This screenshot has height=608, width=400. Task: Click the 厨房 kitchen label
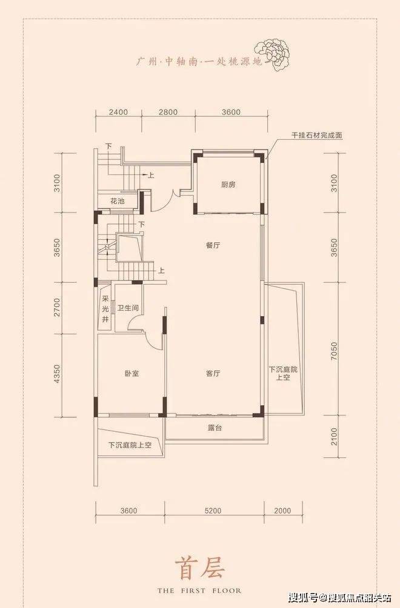point(228,185)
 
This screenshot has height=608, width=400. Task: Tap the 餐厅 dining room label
point(213,245)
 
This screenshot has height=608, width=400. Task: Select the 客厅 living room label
point(213,374)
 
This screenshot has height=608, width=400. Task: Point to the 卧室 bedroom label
point(132,374)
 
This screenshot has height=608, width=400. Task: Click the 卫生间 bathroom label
point(128,309)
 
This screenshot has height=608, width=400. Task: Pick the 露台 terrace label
point(215,428)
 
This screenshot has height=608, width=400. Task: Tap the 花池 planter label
point(117,201)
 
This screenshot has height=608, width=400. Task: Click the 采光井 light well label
point(105,309)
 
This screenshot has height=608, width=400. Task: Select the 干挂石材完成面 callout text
point(318,136)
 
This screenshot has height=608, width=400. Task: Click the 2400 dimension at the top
point(118,113)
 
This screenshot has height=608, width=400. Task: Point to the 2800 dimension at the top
point(168,113)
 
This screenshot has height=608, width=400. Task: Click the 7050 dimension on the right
point(334,351)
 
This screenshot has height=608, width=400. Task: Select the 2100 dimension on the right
point(334,437)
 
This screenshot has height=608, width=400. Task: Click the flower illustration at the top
point(273,55)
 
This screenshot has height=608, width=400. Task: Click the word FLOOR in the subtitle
point(227,591)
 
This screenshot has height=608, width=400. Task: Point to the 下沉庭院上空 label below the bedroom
point(130,445)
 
